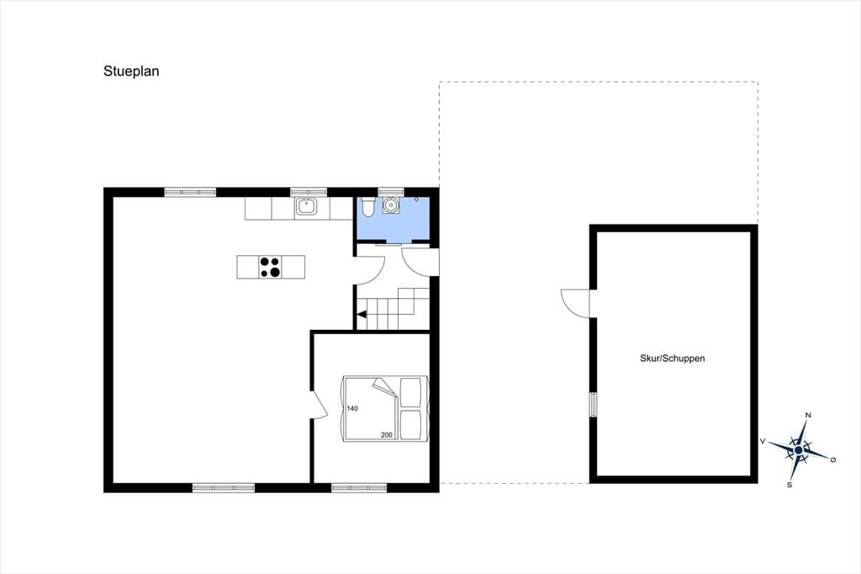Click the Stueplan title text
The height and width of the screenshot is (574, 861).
pyautogui.click(x=131, y=72)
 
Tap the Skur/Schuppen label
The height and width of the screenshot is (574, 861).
pyautogui.click(x=672, y=359)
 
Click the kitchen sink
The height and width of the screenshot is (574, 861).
pyautogui.click(x=306, y=206)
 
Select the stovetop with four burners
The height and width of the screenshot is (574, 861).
pyautogui.click(x=270, y=267)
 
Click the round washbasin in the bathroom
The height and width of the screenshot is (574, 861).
pyautogui.click(x=391, y=205)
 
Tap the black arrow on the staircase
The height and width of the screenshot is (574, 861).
pyautogui.click(x=362, y=315)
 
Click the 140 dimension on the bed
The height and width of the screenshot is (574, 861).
pyautogui.click(x=352, y=408)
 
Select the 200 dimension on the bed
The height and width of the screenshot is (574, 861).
pyautogui.click(x=387, y=435)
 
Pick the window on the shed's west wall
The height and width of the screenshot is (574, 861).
pyautogui.click(x=593, y=405)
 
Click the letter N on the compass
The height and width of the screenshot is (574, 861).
pyautogui.click(x=808, y=415)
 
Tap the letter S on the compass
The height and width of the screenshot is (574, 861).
pyautogui.click(x=790, y=485)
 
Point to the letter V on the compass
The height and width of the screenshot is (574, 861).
pyautogui.click(x=763, y=441)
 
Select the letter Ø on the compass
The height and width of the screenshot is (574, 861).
pyautogui.click(x=833, y=460)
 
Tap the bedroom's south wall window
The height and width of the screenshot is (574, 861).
pyautogui.click(x=359, y=487)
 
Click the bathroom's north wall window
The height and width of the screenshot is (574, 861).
pyautogui.click(x=391, y=192)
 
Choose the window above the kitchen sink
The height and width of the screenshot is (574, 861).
pyautogui.click(x=309, y=192)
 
